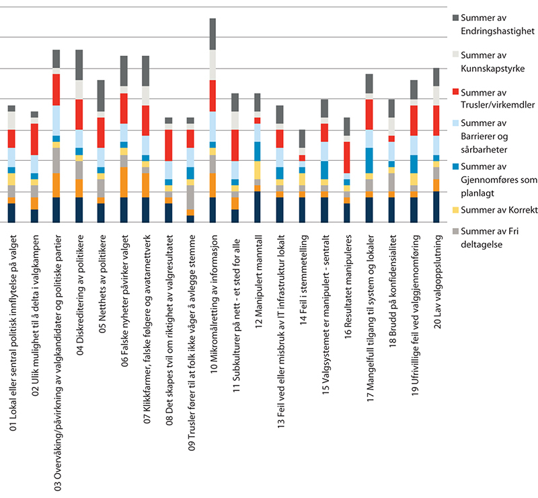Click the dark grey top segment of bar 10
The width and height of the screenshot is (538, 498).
click(213, 34)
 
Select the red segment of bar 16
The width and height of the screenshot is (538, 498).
click(346, 157)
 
